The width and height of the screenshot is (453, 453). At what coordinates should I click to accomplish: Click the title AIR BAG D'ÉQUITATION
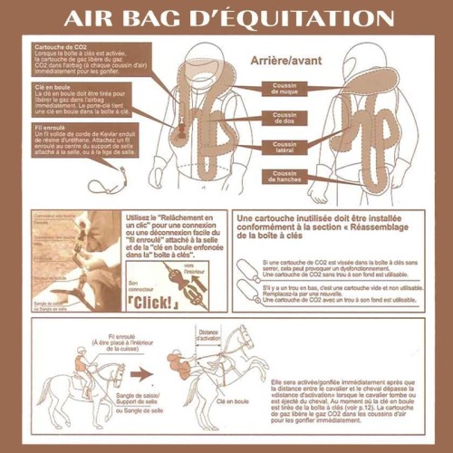tap(226, 18)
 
